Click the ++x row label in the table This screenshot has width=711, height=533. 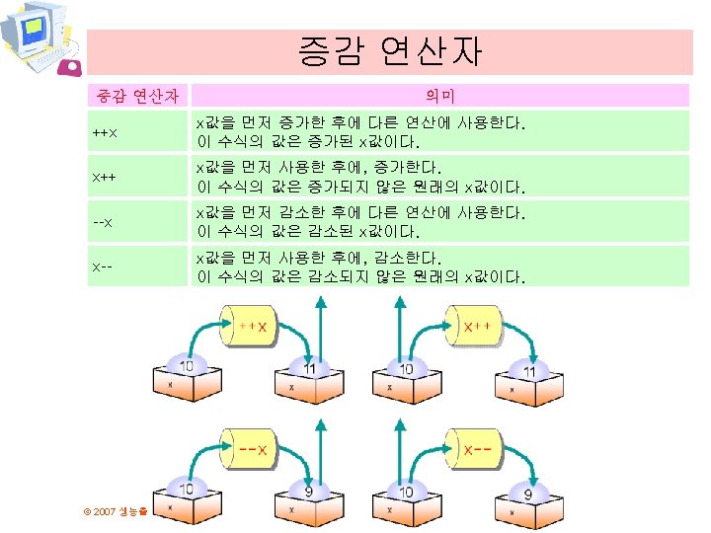click(x=103, y=132)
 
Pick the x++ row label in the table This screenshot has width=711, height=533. click(x=103, y=177)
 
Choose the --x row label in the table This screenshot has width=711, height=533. click(x=103, y=222)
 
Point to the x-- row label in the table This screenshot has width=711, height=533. click(x=103, y=266)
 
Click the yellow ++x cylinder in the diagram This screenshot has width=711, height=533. click(x=251, y=328)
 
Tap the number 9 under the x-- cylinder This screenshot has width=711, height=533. click(x=529, y=493)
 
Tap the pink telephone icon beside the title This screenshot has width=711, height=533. click(x=71, y=67)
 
